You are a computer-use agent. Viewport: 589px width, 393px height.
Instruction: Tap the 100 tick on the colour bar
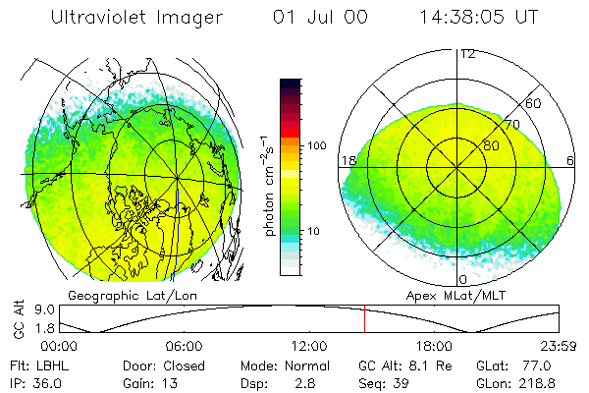tap(317, 145)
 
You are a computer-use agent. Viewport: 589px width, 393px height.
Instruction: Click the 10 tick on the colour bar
tap(315, 231)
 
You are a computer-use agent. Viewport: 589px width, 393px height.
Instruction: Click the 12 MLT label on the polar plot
tap(467, 53)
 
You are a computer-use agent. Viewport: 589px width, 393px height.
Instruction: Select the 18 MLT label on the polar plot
tap(347, 160)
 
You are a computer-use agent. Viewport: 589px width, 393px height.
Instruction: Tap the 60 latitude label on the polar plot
tap(534, 103)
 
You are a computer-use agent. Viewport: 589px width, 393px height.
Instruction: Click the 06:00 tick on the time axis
tap(184, 346)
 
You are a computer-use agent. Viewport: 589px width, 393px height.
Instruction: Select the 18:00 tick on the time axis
tap(434, 346)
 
